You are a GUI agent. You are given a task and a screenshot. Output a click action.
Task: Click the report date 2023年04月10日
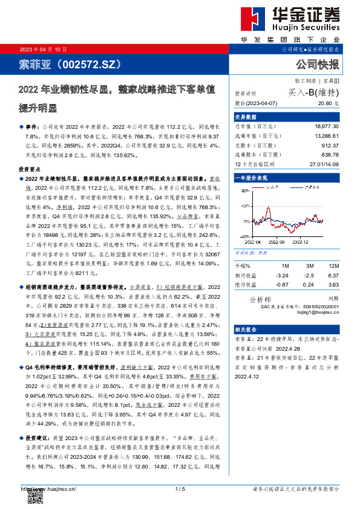pyautogui.click(x=44, y=49)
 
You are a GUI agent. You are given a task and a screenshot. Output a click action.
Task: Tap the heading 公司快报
pyautogui.click(x=317, y=64)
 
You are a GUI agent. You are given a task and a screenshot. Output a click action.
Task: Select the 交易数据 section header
pyautogui.click(x=246, y=117)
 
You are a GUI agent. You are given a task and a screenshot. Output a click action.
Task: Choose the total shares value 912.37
pyautogui.click(x=330, y=145)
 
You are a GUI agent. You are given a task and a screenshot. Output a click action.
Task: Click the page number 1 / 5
pyautogui.click(x=179, y=488)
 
